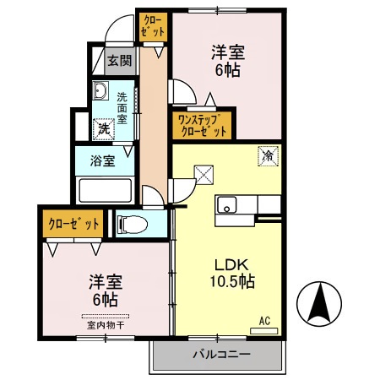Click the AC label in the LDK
coord(264,321)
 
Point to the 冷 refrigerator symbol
coord(268,157)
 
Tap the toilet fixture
coord(131,224)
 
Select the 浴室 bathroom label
coord(103,160)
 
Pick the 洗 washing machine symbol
coord(103,128)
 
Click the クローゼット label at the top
coord(153,26)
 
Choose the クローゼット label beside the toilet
coord(73,224)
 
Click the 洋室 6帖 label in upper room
coord(225,61)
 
